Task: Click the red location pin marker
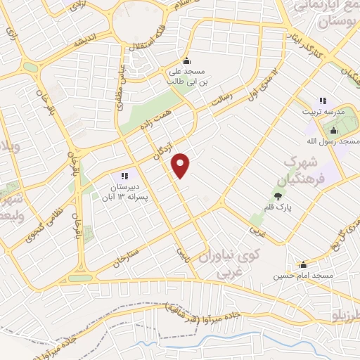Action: (181, 165)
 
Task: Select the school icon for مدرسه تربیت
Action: (323, 101)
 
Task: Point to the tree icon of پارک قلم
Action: (279, 198)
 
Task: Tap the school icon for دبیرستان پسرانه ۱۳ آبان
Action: (124, 175)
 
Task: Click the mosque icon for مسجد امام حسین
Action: (304, 264)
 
